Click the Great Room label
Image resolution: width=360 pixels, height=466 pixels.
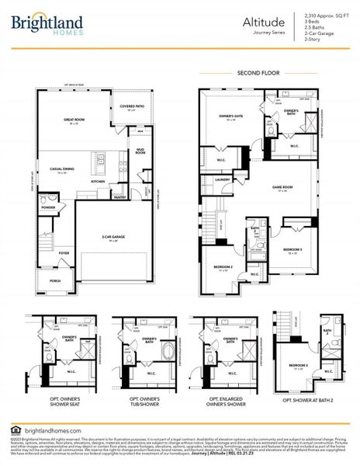(74, 121)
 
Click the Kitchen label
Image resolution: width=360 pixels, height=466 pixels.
(98, 182)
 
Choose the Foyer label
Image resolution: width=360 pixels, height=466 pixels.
(64, 252)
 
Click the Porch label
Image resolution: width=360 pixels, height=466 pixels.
(55, 281)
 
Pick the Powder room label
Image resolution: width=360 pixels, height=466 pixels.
(47, 207)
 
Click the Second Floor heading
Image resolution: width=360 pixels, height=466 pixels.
(257, 73)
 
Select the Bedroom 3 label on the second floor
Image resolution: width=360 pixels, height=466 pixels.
(292, 250)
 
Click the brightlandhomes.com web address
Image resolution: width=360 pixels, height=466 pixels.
(53, 431)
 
